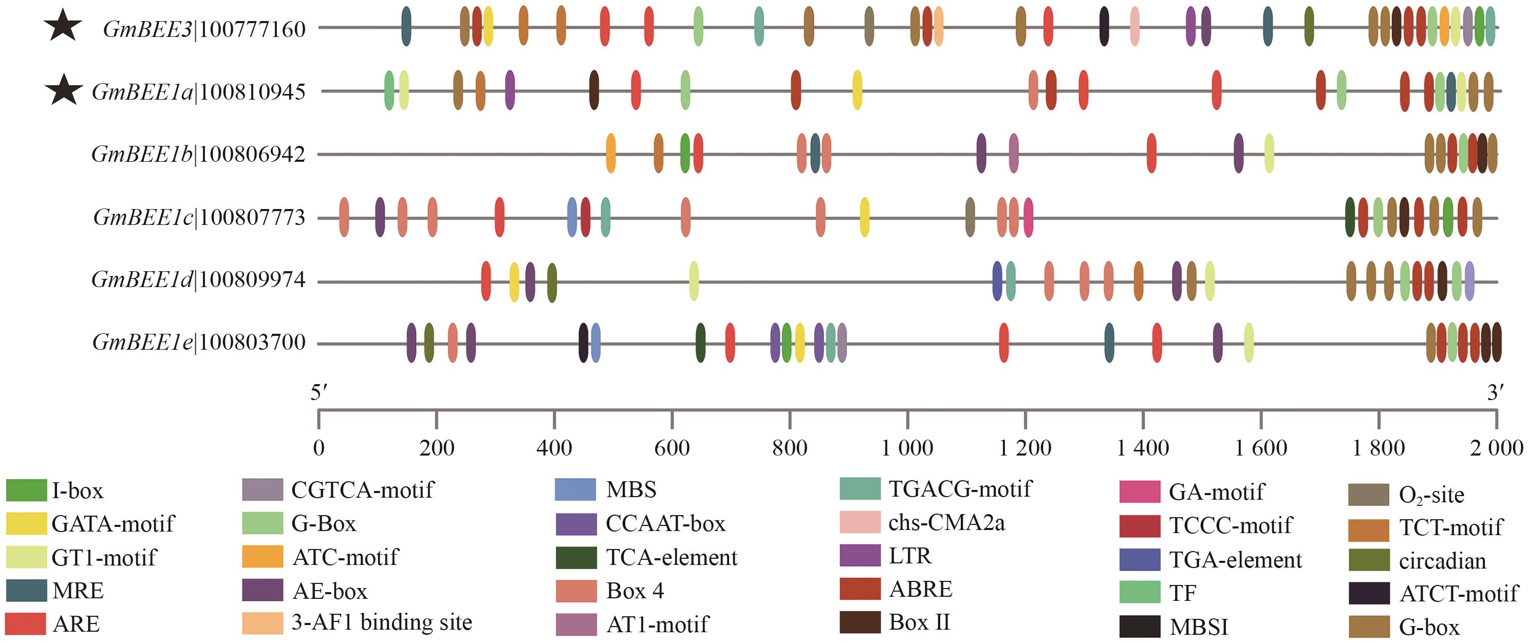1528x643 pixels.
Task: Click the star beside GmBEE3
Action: click(63, 27)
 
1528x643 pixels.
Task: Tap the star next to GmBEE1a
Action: click(64, 91)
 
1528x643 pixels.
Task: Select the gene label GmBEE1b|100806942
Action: click(198, 154)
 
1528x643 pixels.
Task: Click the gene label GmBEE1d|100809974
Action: click(198, 279)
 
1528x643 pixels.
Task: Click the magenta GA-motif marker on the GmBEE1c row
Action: click(1028, 218)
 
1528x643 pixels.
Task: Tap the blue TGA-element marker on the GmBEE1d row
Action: click(997, 280)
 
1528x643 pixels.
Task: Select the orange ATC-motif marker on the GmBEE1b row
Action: click(610, 154)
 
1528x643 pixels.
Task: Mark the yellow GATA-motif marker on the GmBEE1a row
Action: click(857, 90)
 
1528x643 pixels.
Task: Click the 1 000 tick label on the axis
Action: click(907, 448)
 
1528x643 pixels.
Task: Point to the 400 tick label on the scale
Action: click(554, 448)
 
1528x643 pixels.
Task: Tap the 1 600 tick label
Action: click(1260, 448)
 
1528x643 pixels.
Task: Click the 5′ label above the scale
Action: click(319, 393)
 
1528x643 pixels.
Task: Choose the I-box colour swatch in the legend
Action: click(26, 490)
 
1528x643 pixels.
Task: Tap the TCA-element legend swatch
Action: click(576, 558)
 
